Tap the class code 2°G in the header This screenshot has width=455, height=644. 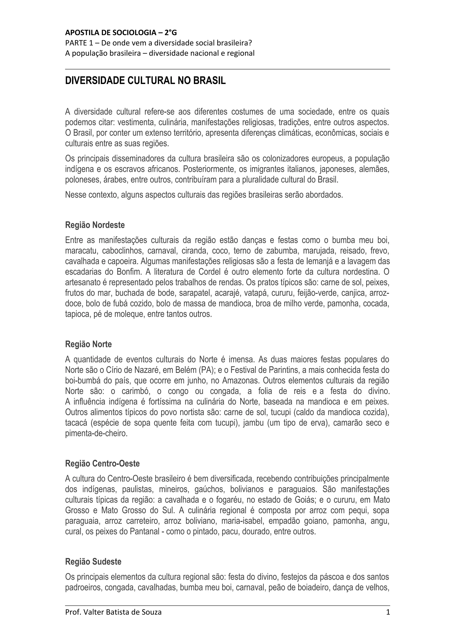[x=170, y=33]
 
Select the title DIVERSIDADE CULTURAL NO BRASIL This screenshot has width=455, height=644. [x=145, y=81]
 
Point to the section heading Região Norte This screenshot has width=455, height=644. [x=88, y=344]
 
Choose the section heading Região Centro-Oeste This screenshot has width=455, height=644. [x=102, y=464]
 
